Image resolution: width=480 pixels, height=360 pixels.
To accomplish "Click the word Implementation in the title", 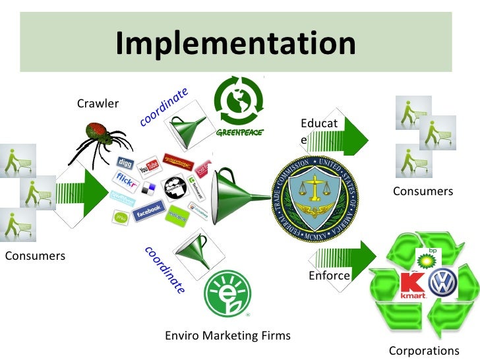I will point(235,44).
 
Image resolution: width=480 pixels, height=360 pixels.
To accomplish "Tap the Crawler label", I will point(98,104).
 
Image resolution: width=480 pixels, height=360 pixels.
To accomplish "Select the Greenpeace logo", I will point(239,106).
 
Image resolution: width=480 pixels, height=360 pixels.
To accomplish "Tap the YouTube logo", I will point(148,164).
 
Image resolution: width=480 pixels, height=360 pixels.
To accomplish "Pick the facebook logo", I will point(148,210).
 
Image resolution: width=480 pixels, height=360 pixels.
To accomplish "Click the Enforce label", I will point(329,276).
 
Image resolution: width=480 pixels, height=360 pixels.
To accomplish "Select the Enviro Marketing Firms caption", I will point(227,336).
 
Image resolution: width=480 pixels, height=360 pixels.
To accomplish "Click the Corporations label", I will point(423,350).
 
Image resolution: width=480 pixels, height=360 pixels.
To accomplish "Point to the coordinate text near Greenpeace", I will point(164,106).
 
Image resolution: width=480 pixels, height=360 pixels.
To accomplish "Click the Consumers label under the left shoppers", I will point(35,255).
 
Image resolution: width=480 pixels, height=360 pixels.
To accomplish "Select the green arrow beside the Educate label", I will point(353,136).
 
